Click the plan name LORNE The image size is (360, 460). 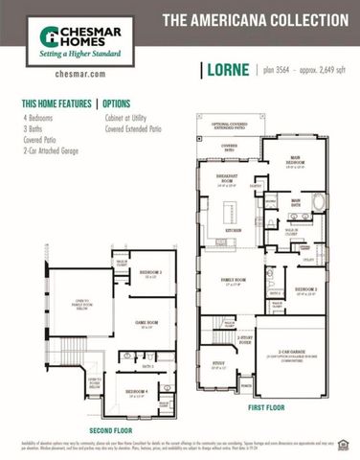coord(227,70)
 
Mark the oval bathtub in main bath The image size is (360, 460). coord(318,202)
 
